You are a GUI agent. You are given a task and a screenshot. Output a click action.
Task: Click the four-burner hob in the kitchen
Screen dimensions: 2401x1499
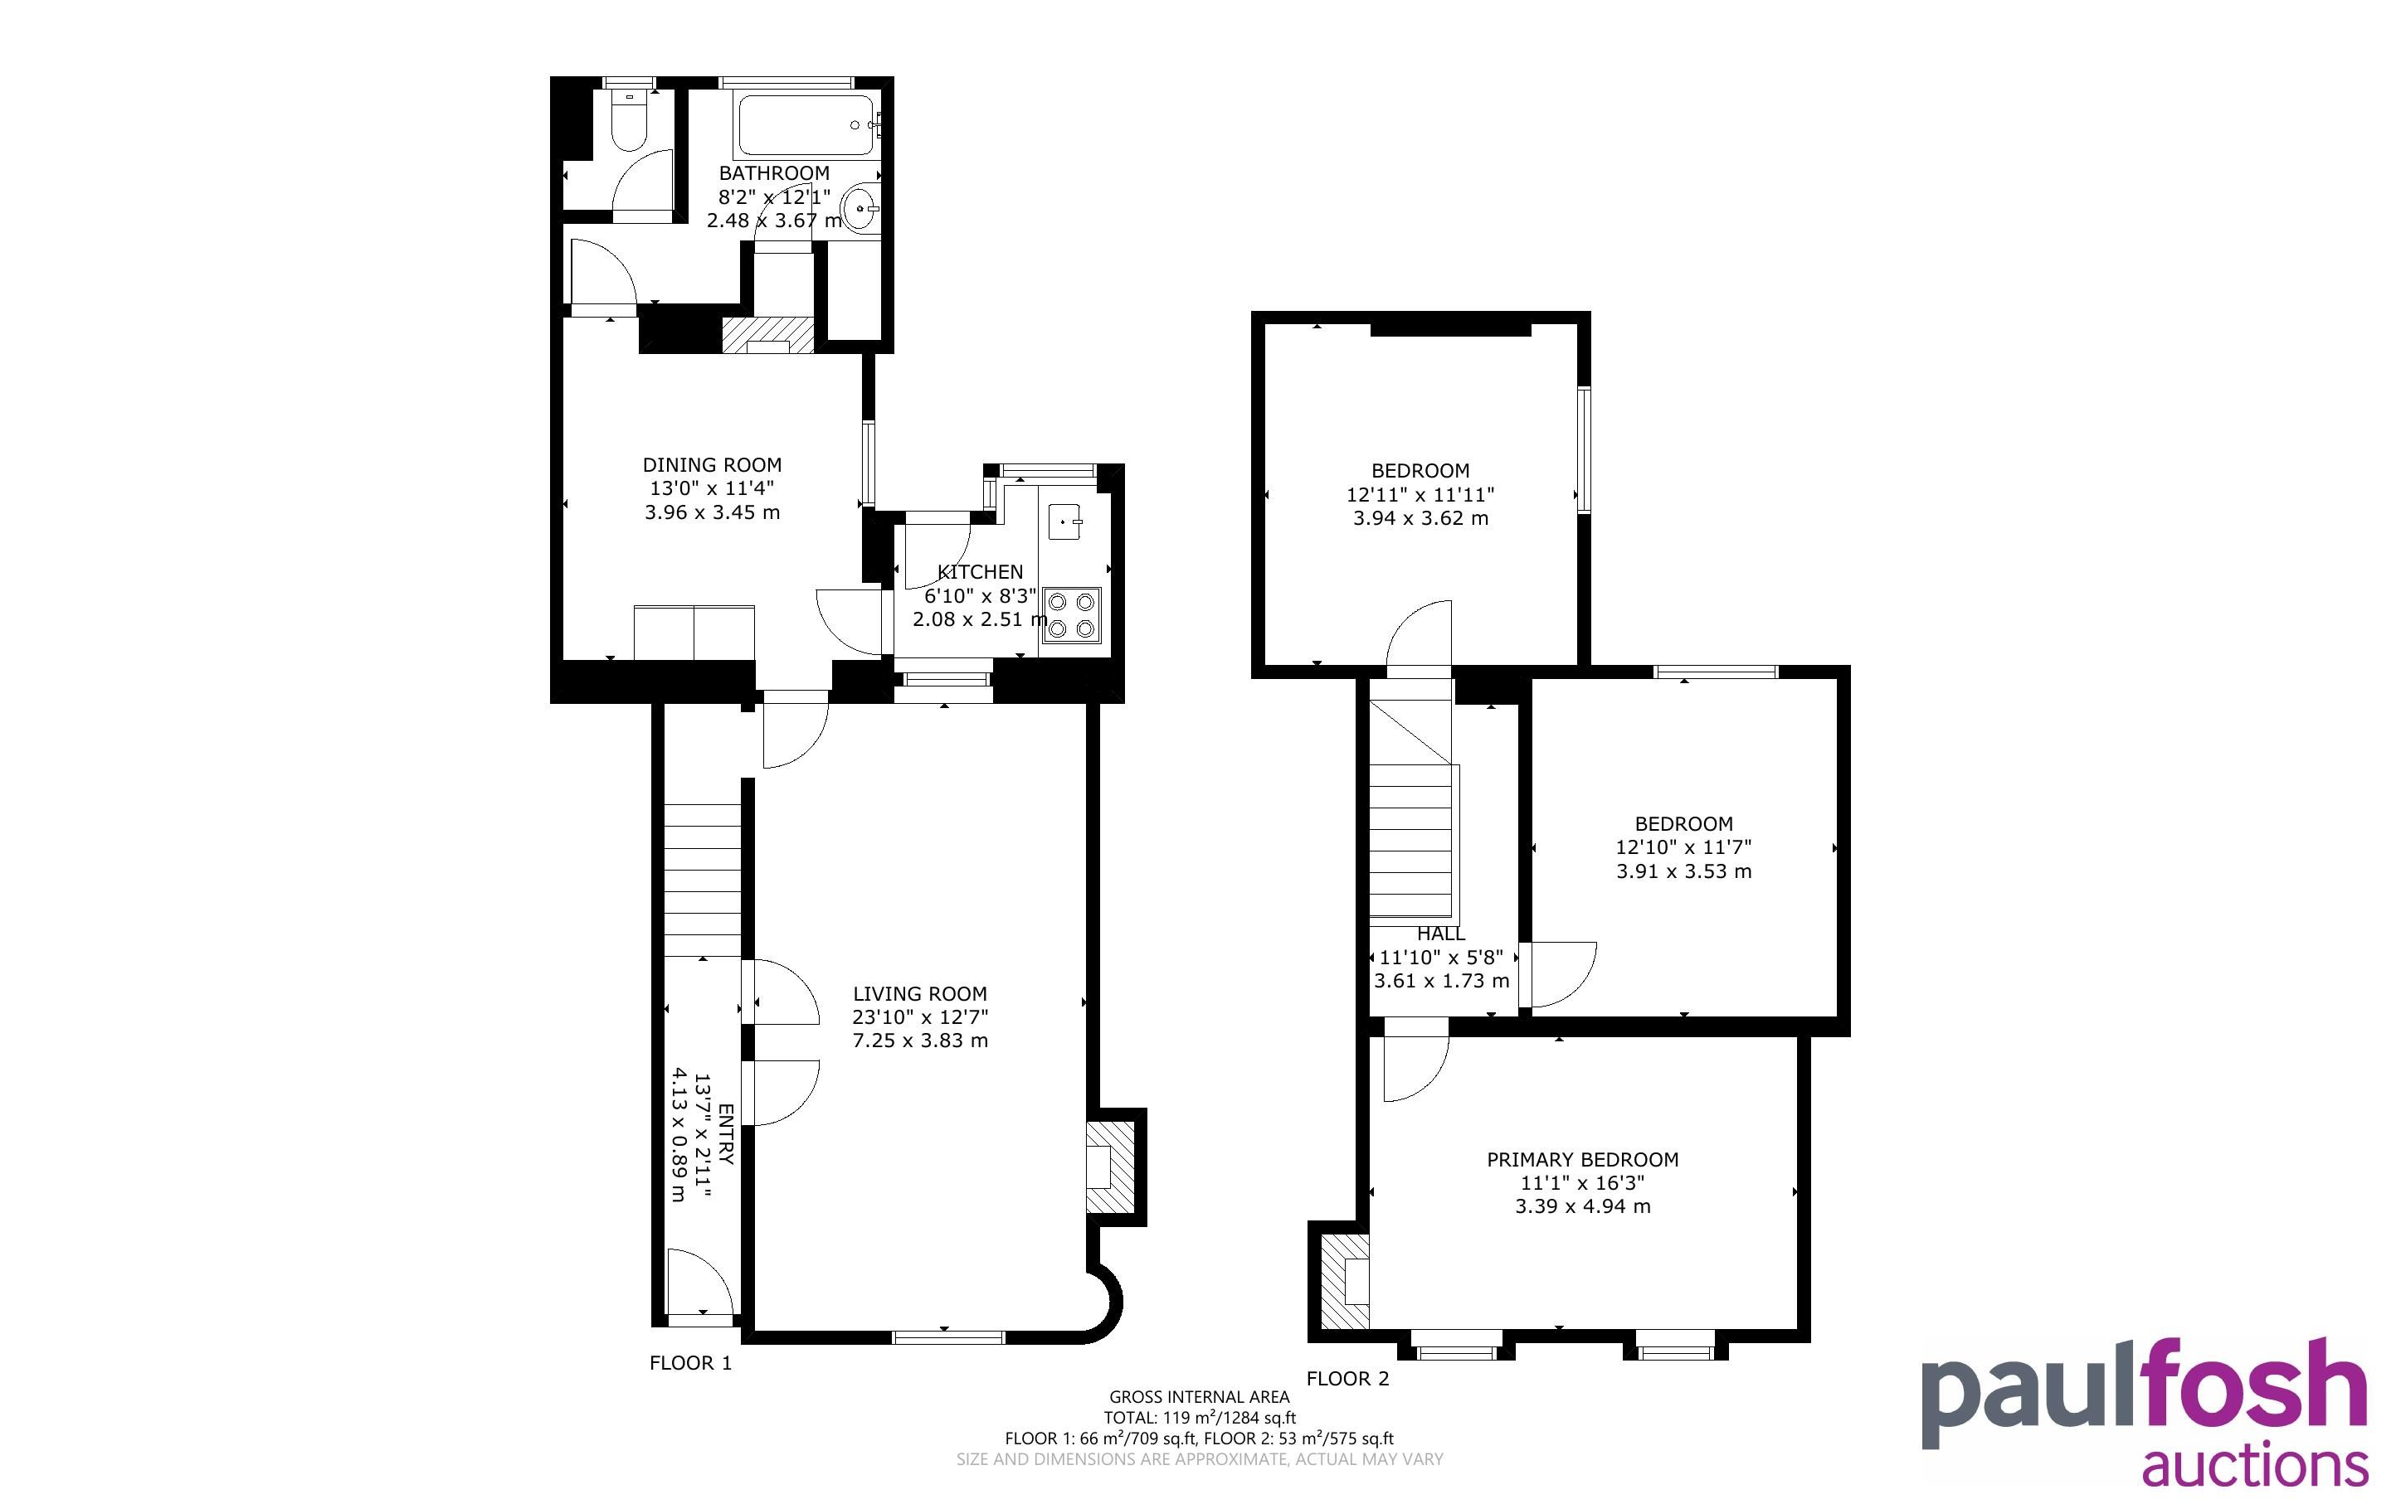[1071, 614]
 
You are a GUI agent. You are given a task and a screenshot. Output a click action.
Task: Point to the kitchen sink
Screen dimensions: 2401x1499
[1065, 521]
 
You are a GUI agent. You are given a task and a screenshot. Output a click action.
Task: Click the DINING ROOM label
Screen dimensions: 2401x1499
[712, 465]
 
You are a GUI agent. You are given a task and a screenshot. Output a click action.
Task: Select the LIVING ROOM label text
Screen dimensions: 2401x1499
[919, 993]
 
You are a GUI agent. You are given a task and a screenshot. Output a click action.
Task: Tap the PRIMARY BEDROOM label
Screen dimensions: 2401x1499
[1583, 1159]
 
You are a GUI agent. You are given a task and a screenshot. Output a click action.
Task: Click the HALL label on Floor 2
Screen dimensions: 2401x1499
[1441, 934]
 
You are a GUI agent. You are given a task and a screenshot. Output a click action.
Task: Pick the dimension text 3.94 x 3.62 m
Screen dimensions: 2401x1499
[1421, 517]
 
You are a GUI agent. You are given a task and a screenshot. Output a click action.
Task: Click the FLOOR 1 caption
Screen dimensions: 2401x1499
[690, 1363]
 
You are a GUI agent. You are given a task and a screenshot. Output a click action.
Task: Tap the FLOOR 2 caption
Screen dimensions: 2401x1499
[1348, 1379]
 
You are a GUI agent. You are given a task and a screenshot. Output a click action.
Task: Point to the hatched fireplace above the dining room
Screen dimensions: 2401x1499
[767, 335]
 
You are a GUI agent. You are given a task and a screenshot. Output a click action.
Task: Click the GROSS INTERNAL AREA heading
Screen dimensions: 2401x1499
[1200, 1397]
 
